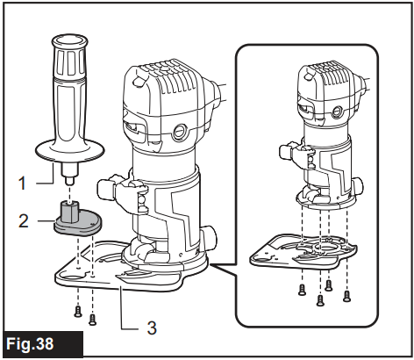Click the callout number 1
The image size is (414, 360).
click(x=22, y=184)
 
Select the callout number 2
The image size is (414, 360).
click(x=24, y=221)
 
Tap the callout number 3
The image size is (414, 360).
click(x=152, y=328)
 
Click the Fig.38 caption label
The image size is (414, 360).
click(x=30, y=343)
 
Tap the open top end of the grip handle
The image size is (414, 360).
click(x=69, y=40)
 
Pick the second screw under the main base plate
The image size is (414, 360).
click(x=92, y=320)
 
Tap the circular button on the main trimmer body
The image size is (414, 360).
click(x=179, y=132)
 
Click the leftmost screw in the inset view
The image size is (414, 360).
click(x=302, y=290)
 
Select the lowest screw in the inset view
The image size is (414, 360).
click(x=320, y=300)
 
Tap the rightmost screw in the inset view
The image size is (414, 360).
click(x=346, y=296)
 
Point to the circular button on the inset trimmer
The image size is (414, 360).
click(x=337, y=112)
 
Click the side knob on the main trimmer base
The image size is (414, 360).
click(x=211, y=237)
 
